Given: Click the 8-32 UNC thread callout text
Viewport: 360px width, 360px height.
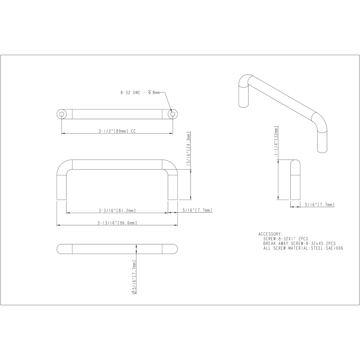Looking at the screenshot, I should tap(140, 92).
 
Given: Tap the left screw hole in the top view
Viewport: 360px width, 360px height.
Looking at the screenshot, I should tap(62, 114).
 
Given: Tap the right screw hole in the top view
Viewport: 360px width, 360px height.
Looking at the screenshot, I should tap(173, 114).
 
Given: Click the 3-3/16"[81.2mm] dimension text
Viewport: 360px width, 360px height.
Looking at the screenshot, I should tap(117, 210).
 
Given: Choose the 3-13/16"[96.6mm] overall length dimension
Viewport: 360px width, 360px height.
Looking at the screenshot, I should tap(117, 223).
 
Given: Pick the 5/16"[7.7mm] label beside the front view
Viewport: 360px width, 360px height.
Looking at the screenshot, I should tap(197, 210).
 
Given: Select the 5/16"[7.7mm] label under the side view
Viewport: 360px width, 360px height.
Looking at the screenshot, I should tap(319, 204).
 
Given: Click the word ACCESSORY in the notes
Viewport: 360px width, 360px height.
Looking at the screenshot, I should tap(270, 234).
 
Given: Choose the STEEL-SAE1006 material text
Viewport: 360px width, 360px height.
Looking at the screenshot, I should tap(327, 248).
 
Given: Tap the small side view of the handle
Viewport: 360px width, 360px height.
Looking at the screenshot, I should tap(295, 180).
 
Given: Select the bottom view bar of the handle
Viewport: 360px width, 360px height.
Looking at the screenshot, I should tap(117, 248).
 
